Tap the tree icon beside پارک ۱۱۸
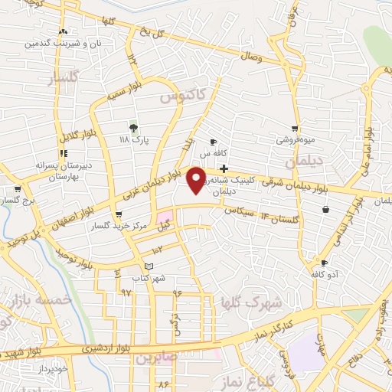coord(135,128)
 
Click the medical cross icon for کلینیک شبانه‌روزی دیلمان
coord(223,168)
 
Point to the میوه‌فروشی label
coord(296,141)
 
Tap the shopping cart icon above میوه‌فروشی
coord(296,129)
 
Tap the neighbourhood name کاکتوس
coord(184,97)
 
